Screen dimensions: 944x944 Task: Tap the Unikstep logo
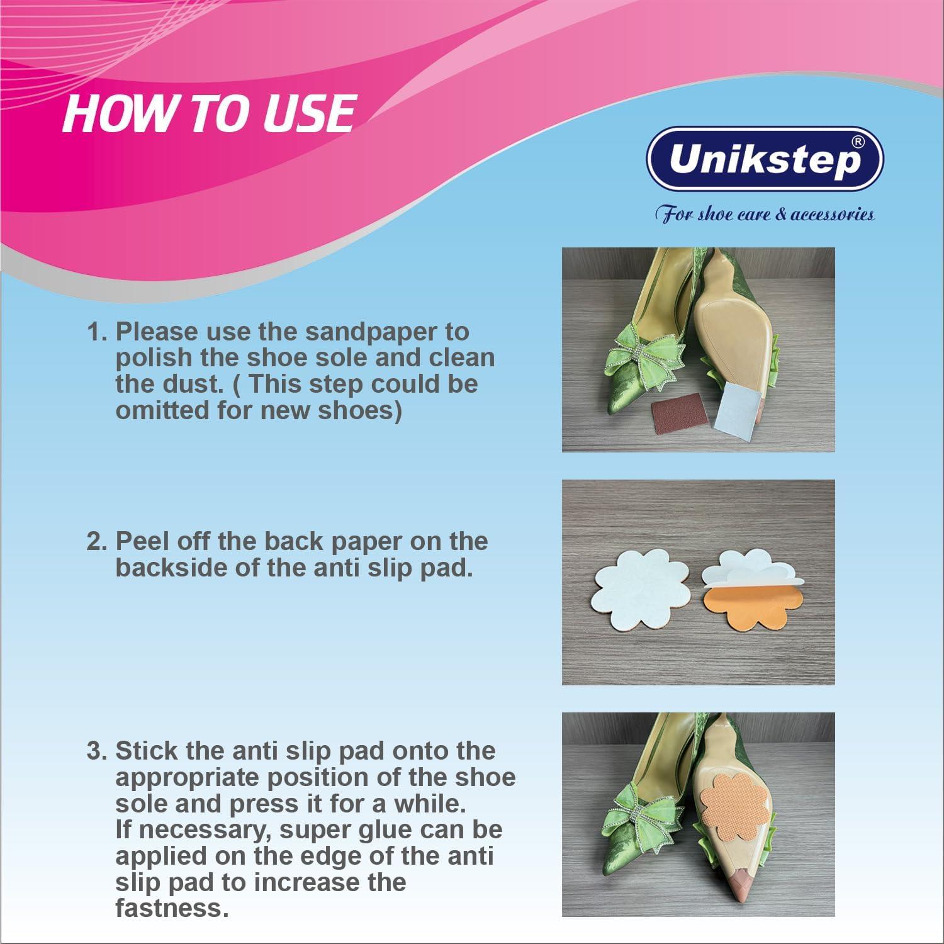(765, 159)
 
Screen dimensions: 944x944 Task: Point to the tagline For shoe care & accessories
(765, 214)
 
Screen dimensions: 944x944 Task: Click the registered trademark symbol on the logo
(857, 143)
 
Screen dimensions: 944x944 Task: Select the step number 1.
(96, 332)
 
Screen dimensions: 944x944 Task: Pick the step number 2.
(96, 541)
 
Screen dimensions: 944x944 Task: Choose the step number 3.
(96, 751)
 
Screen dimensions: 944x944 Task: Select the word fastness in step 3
(171, 908)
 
